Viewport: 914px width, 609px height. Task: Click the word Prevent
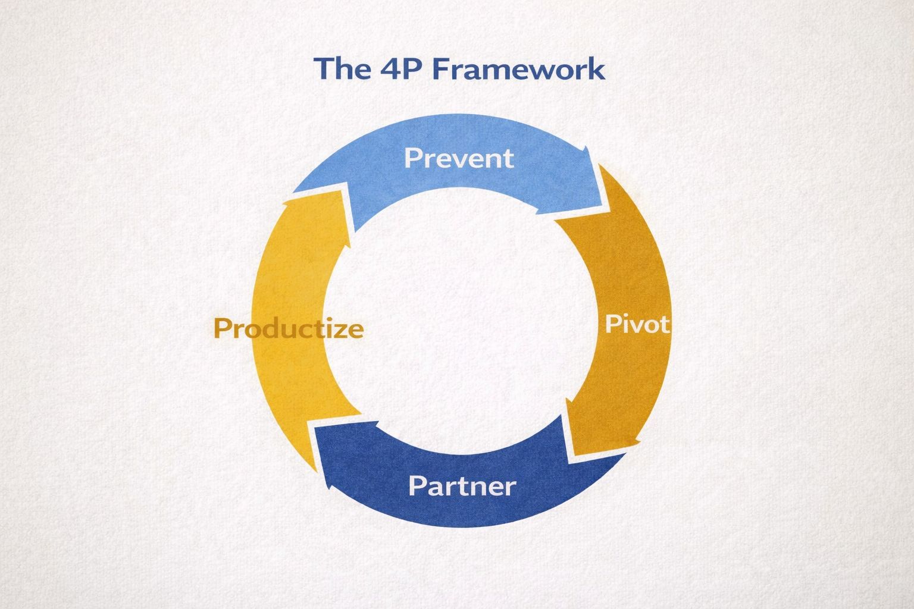point(459,158)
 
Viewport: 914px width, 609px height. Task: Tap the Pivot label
point(638,324)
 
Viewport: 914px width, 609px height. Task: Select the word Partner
point(462,486)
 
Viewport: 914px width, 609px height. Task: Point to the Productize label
point(289,328)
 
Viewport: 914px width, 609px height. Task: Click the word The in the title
point(342,68)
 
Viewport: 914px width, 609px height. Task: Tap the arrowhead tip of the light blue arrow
point(609,211)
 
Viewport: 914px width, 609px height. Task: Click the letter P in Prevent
point(412,158)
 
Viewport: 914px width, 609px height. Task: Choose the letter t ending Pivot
point(665,325)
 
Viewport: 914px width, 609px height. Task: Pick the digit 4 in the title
point(389,68)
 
